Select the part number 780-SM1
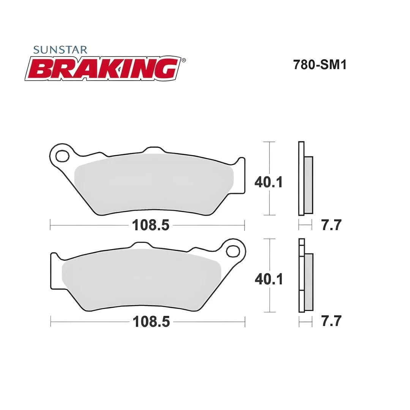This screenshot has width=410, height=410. pos(314,65)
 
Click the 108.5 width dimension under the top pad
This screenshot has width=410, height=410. pos(150,225)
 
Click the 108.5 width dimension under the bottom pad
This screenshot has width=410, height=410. pos(151,322)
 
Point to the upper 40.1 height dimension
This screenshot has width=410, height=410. pos(268,182)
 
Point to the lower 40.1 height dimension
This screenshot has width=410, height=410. pos(268,279)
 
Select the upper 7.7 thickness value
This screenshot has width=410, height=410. pos(331,225)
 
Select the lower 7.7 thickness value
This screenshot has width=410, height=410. pos(331,321)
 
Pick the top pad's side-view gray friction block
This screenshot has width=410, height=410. pos(309,185)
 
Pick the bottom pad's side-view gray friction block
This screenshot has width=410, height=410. pos(309,282)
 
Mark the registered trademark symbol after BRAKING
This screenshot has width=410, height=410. pos(184,60)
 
